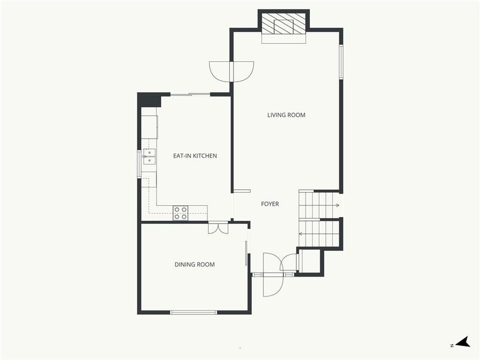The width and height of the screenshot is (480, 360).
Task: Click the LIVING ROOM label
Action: click(286, 115)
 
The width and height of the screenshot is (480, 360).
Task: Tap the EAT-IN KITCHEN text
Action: click(195, 156)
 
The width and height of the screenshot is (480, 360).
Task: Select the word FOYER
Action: click(270, 204)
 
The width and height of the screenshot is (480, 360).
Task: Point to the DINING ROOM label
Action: click(195, 265)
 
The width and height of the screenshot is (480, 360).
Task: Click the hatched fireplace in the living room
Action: click(284, 23)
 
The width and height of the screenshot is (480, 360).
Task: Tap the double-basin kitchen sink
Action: click(149, 156)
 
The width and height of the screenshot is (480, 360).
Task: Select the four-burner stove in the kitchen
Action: click(180, 213)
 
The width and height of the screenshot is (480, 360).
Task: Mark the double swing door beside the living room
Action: click(231, 71)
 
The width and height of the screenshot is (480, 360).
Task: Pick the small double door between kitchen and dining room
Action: click(218, 227)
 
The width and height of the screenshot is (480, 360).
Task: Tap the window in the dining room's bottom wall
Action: click(193, 312)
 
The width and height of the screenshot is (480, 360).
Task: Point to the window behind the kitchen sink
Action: click(140, 163)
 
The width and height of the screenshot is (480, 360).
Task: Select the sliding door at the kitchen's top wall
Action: click(190, 94)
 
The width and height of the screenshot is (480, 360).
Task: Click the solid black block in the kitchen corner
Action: click(149, 100)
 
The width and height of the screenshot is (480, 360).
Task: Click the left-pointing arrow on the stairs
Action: click(301, 234)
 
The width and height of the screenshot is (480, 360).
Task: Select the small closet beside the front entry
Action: click(310, 261)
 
